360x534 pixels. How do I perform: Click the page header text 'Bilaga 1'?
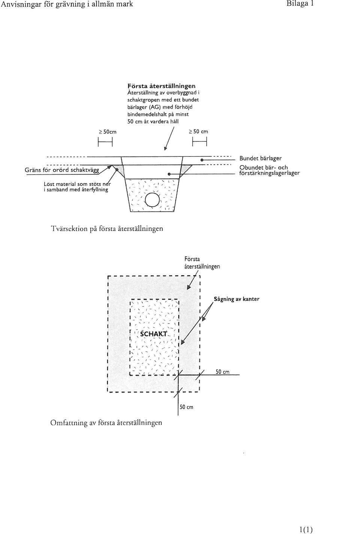pos(300,4)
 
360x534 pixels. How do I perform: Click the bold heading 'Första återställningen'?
pos(161,86)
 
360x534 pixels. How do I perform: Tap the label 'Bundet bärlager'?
pos(260,158)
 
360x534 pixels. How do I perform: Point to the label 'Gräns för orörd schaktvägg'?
pos(62,170)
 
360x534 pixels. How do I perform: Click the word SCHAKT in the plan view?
pos(154,334)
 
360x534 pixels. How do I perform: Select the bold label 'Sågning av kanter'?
pos(236,299)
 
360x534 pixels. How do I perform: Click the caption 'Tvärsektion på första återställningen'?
pos(107,229)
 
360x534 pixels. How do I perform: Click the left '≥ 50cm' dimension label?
pos(108,132)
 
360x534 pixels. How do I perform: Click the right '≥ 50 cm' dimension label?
pos(198,132)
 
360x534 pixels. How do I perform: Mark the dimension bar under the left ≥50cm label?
pos(105,143)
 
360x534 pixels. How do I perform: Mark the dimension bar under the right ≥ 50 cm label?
pos(199,143)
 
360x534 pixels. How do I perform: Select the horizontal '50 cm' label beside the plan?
pos(222,372)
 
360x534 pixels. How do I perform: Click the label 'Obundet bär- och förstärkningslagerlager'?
pos(269,170)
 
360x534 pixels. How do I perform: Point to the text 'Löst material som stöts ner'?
pos(78,184)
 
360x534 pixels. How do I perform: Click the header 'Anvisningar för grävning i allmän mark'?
pos(67,4)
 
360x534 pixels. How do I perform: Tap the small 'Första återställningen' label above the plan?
pos(202,263)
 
